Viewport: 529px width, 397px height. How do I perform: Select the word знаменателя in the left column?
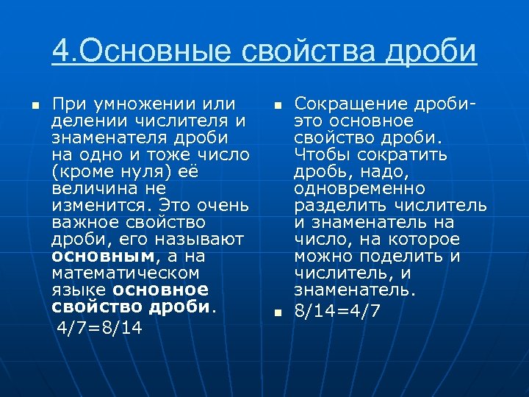pyautogui.click(x=103, y=137)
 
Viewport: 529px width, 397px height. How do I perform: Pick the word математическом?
pyautogui.click(x=126, y=273)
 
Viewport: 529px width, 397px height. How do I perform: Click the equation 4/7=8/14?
pyautogui.click(x=101, y=326)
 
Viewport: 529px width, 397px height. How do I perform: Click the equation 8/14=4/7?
pyautogui.click(x=337, y=310)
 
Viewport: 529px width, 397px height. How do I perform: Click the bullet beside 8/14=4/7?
pyautogui.click(x=278, y=312)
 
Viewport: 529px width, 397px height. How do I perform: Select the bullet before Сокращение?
pyautogui.click(x=278, y=104)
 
